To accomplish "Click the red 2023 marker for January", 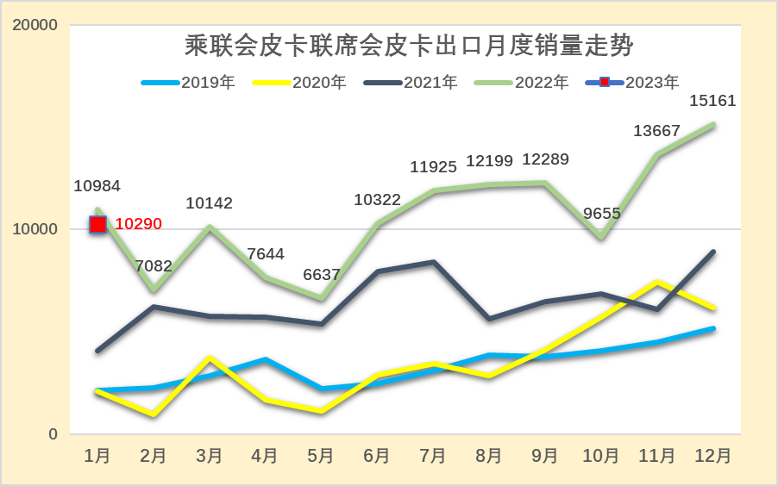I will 97,224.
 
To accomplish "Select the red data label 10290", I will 138,224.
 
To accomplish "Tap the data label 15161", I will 712,101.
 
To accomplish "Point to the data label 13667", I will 656,131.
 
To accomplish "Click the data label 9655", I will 601,213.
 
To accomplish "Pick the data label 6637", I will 320,274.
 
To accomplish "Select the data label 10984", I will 97,185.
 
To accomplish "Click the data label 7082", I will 154,265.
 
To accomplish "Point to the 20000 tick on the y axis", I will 35,25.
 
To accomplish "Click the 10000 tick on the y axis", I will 35,229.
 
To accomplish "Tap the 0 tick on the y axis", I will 53,434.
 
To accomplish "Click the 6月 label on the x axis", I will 376,454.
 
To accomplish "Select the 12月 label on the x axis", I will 712,454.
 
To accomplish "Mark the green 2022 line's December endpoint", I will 712,125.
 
